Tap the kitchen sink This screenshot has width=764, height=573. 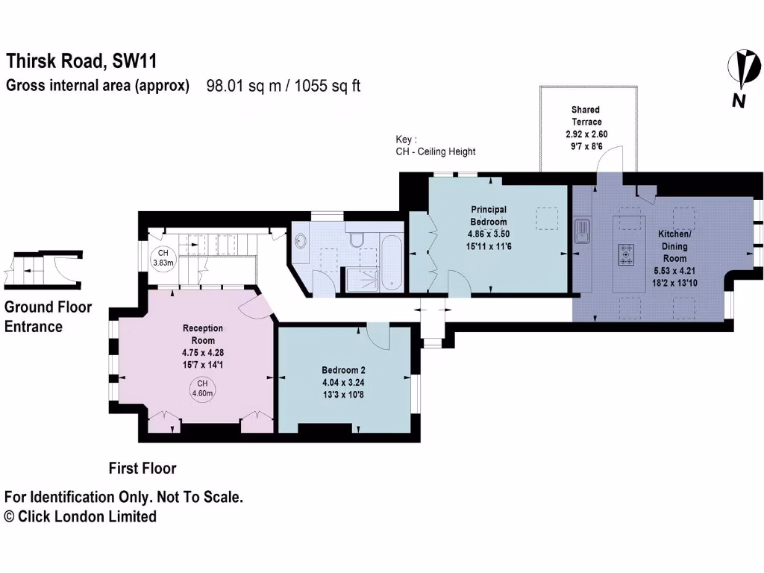[x=583, y=231]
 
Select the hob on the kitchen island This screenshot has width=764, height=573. [x=624, y=255]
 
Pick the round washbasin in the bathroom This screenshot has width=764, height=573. [x=301, y=241]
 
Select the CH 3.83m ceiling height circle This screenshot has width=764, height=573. [x=163, y=257]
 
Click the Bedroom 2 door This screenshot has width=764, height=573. [x=379, y=336]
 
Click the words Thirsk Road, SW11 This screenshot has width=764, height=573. [x=81, y=60]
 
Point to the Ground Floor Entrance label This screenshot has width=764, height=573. [x=48, y=316]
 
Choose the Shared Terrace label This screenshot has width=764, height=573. [x=586, y=116]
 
